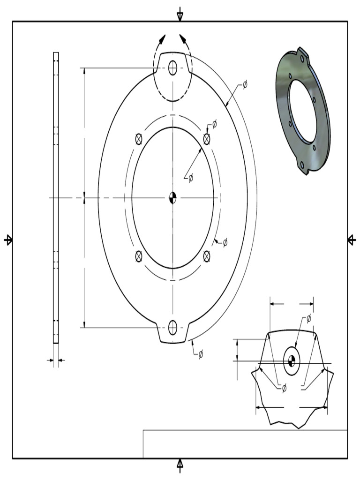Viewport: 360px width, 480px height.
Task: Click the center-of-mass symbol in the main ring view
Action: tap(172, 198)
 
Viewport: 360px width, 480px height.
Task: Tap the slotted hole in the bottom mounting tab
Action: tap(172, 327)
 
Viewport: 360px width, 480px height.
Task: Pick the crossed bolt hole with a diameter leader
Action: tap(207, 138)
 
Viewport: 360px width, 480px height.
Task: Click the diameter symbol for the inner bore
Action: tap(190, 178)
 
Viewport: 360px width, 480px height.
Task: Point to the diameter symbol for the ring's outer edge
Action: tap(245, 85)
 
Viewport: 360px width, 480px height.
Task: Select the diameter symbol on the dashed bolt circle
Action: tap(225, 242)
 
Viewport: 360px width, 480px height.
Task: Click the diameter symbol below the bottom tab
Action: tap(201, 354)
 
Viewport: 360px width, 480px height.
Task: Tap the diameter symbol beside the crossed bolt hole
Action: tap(215, 124)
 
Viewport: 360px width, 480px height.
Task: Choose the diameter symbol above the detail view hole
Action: tap(308, 319)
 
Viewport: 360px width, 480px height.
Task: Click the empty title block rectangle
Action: tap(245, 444)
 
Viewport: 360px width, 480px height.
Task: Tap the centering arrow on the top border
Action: tap(180, 15)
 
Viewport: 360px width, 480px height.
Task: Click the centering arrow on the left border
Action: tap(8, 240)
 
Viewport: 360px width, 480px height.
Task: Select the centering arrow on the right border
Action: tap(352, 240)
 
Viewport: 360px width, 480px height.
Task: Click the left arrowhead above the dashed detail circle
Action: tap(162, 39)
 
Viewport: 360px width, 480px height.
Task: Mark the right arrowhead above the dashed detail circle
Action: tap(182, 39)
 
